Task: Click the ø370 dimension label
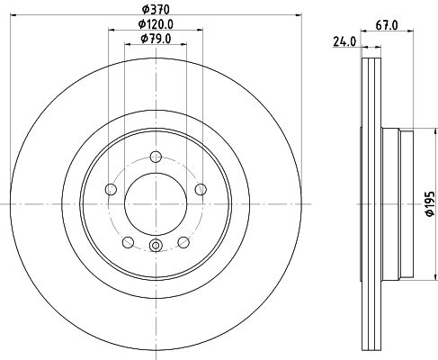156,10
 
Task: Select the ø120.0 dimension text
156,24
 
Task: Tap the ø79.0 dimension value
156,39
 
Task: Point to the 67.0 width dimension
387,25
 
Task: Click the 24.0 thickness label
344,41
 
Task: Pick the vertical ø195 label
430,203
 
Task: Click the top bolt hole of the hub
156,157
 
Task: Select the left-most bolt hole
111,189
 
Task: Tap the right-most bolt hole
201,189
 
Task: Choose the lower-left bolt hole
128,242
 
